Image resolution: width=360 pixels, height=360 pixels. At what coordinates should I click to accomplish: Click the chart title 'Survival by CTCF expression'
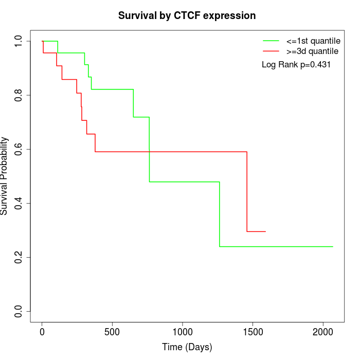[x=187, y=16]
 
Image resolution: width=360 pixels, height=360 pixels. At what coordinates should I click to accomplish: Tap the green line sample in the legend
[x=271, y=40]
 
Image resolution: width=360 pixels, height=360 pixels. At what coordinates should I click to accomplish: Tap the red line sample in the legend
[x=271, y=51]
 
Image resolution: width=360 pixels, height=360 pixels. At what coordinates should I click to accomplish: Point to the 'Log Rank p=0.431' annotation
[x=296, y=65]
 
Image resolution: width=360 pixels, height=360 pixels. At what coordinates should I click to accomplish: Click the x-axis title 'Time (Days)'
[x=187, y=347]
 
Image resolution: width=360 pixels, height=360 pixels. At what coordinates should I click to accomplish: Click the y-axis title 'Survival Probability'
[x=5, y=176]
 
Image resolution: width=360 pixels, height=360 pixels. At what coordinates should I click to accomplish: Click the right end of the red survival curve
[x=265, y=231]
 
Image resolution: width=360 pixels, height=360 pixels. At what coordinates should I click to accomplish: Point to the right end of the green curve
[x=333, y=246]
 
